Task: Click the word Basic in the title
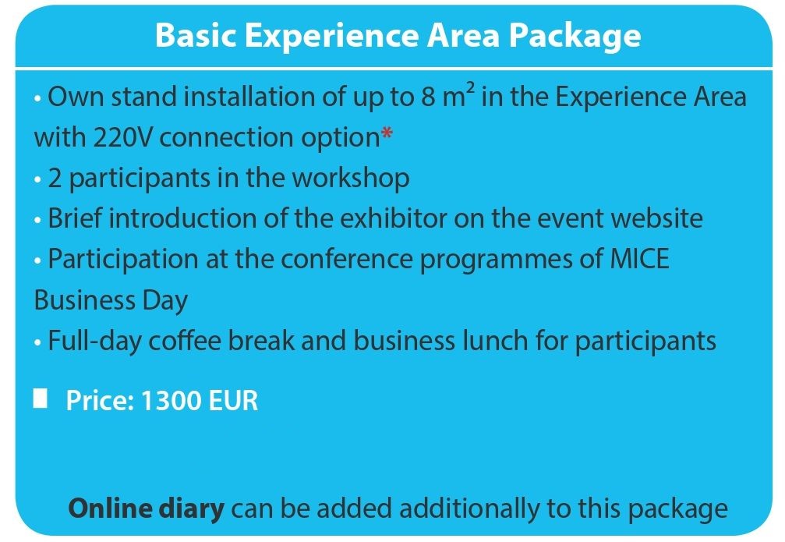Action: [196, 35]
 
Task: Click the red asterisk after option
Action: [387, 134]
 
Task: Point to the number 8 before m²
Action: [429, 97]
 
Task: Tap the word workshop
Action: [351, 179]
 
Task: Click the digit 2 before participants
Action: [55, 179]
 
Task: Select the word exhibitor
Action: [394, 218]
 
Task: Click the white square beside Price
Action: [40, 399]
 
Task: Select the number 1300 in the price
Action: [171, 401]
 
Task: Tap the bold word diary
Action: [192, 509]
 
